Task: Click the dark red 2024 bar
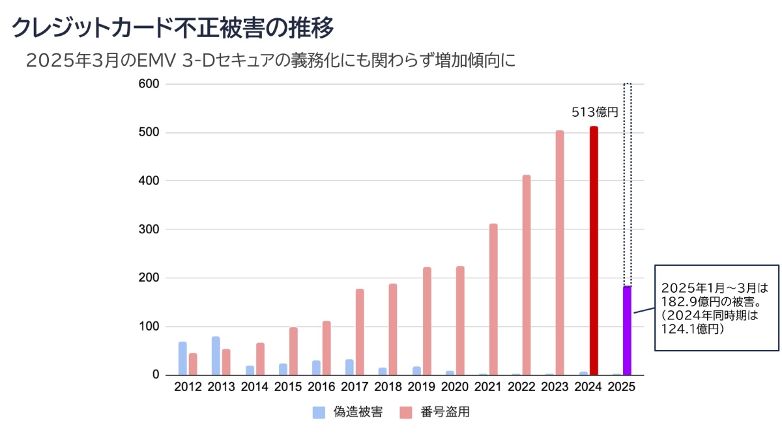coord(594,251)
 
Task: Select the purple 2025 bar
coord(627,330)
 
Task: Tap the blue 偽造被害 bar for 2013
coord(216,356)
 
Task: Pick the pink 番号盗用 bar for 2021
coord(493,299)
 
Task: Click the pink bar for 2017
coord(360,332)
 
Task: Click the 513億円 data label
coord(594,112)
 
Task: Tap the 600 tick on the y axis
coord(149,84)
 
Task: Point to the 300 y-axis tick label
coord(149,229)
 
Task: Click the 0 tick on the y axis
coord(156,375)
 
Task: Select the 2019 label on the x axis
coord(421,387)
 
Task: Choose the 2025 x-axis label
coord(622,387)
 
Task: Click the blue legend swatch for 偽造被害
coord(319,412)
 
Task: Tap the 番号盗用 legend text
coord(445,412)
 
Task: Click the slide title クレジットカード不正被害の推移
coord(173,27)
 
